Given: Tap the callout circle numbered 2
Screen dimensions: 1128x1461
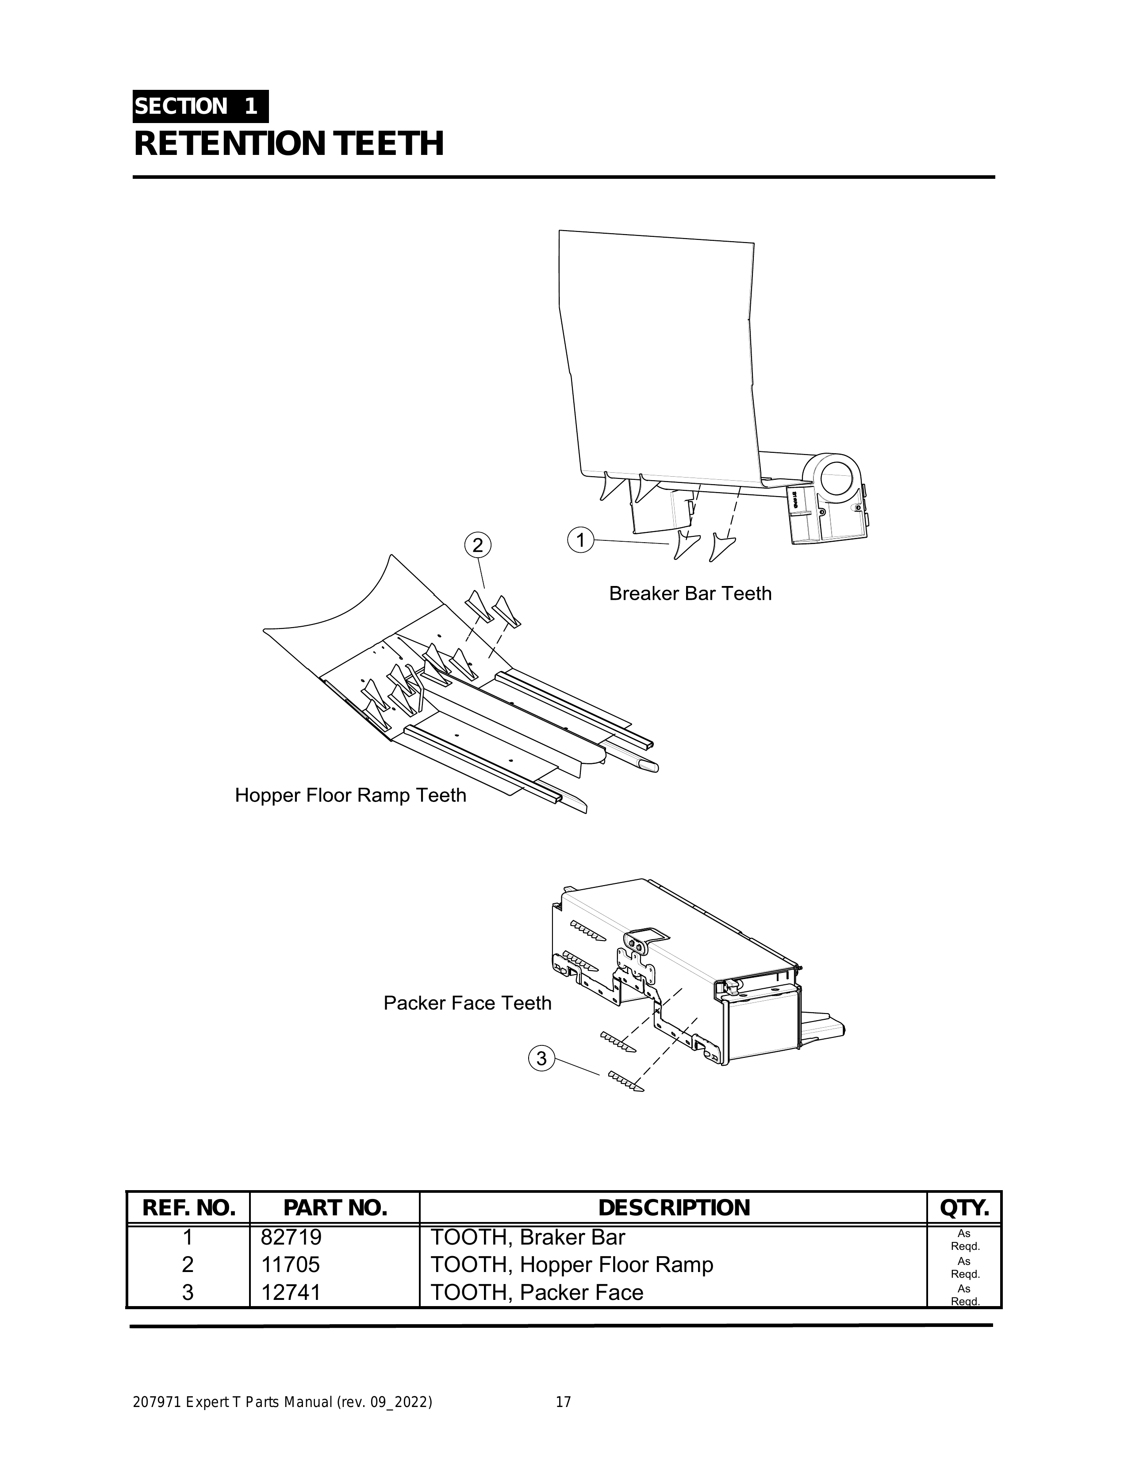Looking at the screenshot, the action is coord(477,546).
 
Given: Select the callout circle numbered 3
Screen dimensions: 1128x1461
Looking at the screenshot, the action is coord(541,1058).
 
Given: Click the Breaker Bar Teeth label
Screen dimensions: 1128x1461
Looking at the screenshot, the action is coord(690,594).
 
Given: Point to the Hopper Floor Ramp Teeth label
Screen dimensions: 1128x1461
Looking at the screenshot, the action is coord(350,795).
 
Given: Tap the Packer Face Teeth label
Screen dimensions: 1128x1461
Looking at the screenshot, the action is coord(468,1003).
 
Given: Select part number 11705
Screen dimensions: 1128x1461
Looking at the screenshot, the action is coord(290,1265).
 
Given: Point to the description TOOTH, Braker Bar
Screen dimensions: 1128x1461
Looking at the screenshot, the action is coord(528,1237).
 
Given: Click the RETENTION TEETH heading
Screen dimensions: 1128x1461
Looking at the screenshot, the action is coord(289,144).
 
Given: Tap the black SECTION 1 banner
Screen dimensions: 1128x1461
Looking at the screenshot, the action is coord(200,106).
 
